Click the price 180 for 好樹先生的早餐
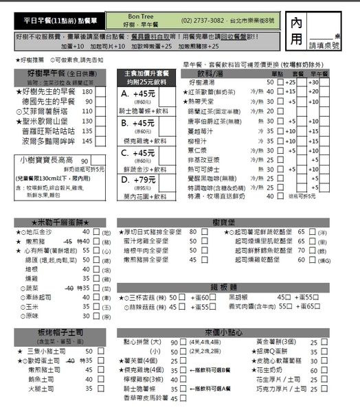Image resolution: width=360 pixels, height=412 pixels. tap(87, 91)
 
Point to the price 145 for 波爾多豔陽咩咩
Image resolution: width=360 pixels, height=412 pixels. tap(87, 140)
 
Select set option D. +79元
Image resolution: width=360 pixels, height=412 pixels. tap(142, 161)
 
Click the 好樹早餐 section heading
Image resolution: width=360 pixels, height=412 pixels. tap(47, 71)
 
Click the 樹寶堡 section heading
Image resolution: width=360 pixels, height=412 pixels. tap(225, 221)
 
